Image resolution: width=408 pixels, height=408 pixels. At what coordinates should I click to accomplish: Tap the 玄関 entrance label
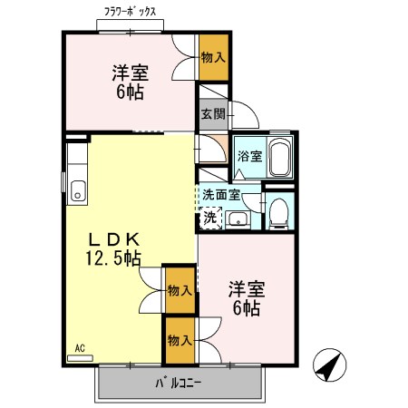pos(213,114)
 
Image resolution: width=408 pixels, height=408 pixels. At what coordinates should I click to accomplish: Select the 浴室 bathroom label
pos(249,156)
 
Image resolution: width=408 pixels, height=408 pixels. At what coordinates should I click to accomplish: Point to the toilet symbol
pos(279,211)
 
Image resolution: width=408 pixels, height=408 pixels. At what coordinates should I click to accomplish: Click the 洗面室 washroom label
pos(220,194)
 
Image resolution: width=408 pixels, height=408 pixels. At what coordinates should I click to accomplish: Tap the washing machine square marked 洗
pos(209,218)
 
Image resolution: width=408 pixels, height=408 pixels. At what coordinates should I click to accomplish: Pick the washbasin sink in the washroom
pos(240,218)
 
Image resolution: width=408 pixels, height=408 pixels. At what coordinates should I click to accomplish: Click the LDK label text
pos(112,238)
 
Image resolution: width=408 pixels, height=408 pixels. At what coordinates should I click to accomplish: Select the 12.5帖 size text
pos(112,259)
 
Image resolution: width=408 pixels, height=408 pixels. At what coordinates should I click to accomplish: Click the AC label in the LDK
pos(81,347)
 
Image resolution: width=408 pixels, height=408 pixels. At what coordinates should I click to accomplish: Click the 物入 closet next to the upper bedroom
pos(213,57)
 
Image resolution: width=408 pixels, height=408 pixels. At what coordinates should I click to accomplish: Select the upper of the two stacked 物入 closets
pos(179,290)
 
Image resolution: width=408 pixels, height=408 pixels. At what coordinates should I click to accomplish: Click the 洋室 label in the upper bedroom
pos(131,72)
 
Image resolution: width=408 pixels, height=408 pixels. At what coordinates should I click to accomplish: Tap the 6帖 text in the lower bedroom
pos(246,309)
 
